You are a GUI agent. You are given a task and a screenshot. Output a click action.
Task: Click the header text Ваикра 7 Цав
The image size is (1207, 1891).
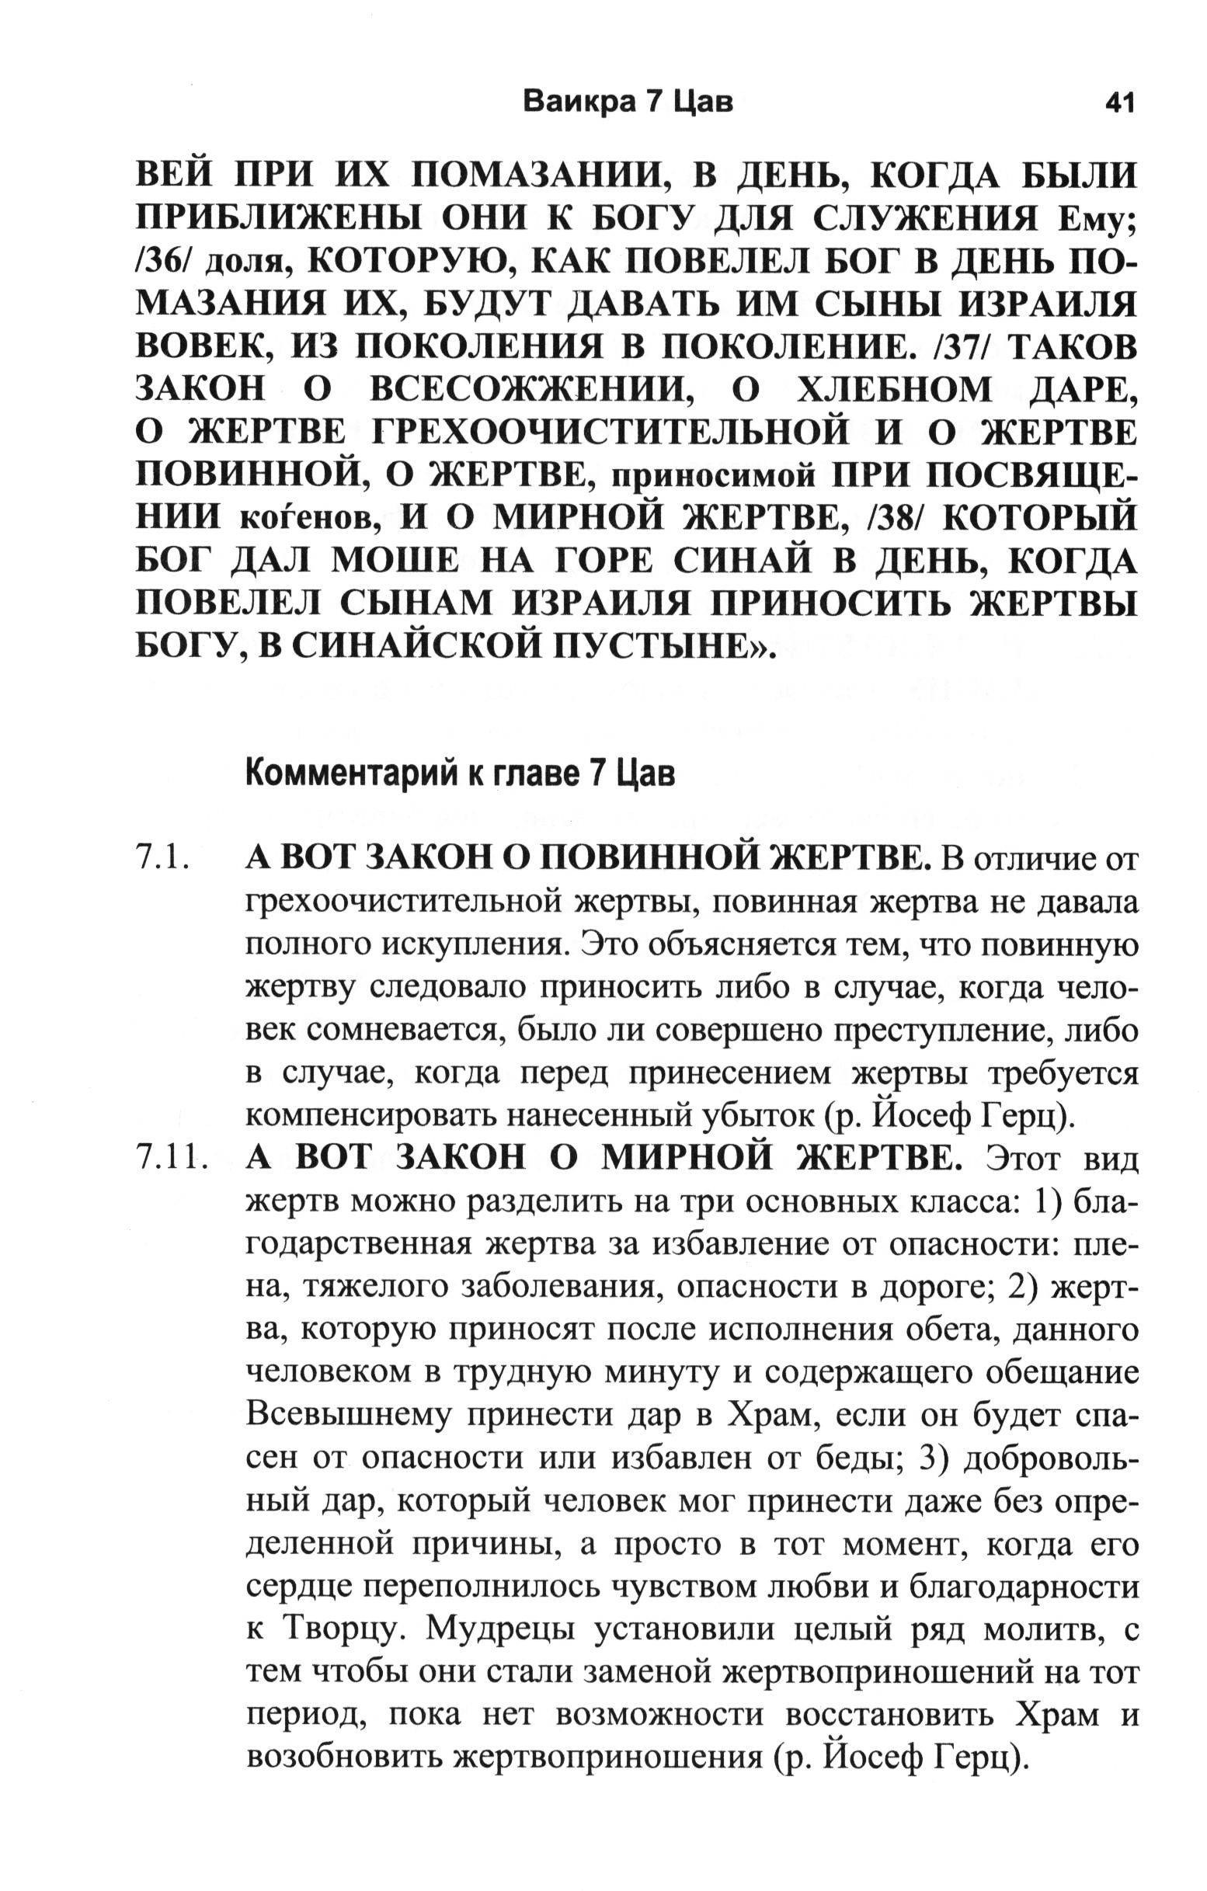pos(628,103)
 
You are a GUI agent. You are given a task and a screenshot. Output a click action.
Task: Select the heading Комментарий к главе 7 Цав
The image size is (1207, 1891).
pos(460,775)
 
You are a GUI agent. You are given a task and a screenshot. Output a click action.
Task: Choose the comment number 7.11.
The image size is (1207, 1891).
pos(172,1159)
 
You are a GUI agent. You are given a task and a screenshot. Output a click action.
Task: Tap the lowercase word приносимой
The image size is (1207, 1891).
pos(712,476)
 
